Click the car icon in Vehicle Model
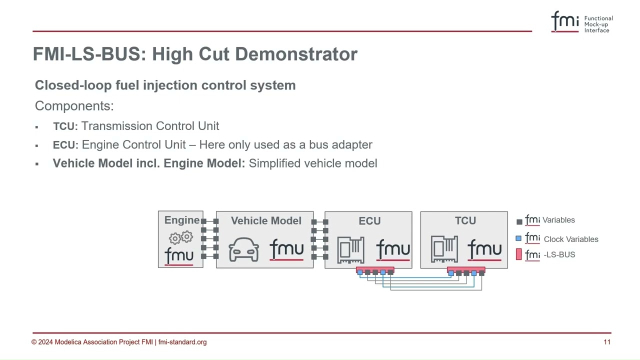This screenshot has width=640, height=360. click(244, 249)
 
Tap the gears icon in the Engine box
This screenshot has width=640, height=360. click(181, 237)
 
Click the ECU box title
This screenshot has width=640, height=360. click(369, 221)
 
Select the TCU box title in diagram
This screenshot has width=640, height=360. click(465, 221)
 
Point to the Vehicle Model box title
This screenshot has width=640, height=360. click(266, 221)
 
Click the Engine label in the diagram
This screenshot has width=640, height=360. click(181, 220)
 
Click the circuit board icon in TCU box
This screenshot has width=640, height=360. click(444, 249)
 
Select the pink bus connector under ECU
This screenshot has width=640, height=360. click(375, 270)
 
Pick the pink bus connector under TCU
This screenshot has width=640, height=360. click(466, 270)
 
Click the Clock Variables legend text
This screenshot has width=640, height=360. click(571, 239)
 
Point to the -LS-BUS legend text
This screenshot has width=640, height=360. click(559, 255)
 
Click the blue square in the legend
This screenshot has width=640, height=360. click(518, 238)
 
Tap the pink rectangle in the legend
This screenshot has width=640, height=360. click(518, 254)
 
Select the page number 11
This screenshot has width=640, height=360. click(607, 342)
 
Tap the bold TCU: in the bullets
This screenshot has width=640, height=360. click(65, 126)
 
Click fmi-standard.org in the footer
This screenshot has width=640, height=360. click(182, 342)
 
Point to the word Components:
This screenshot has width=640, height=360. click(74, 106)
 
